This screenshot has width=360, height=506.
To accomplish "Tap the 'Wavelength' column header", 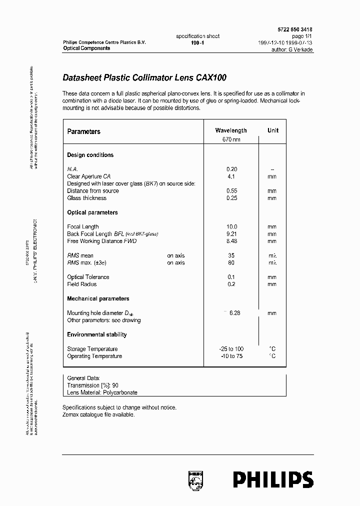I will tap(230, 130).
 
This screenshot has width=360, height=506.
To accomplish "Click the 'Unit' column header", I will tap(273, 130).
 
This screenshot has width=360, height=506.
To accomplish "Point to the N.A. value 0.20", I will tap(231, 169).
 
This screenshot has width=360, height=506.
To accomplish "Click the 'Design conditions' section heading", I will tap(90, 155).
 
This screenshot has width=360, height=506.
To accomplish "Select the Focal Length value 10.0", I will tap(231, 227).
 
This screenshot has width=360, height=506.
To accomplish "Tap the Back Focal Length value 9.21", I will tap(231, 234).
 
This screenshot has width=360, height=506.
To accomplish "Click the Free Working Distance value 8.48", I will tap(231, 241).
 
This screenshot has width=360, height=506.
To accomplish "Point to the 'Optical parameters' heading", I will tap(92, 212).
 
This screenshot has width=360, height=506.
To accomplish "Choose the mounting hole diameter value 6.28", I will tap(234, 313).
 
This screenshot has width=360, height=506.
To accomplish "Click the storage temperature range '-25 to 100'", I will tap(231, 349).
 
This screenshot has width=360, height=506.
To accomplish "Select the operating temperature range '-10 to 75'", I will tap(231, 356).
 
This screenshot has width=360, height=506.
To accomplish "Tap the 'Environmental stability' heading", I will tap(97, 334).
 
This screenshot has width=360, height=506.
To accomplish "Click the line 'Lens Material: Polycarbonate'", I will tap(102, 392).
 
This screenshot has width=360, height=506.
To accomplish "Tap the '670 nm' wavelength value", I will tap(231, 139).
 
